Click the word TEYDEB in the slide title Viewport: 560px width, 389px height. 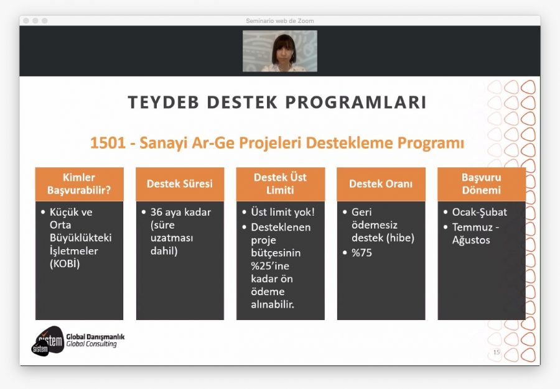coord(163,102)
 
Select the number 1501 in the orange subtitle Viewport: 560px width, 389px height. coord(108,143)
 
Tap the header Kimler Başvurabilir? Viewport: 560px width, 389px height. coord(79,183)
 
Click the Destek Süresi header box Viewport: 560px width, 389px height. coord(180,184)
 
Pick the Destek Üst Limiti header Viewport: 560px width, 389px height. coord(281,183)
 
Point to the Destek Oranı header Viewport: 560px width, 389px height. coord(381,184)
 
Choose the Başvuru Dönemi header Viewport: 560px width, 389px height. coord(482,183)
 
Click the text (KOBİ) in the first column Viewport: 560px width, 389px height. coord(65,263)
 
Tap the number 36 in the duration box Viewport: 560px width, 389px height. coord(156,212)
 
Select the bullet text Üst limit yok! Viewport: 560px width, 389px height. coord(283,212)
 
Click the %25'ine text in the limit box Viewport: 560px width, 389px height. coord(270,265)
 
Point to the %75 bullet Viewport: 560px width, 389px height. coord(362,253)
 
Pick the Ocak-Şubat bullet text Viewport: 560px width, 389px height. coord(480,212)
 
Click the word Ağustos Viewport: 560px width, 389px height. coord(471,240)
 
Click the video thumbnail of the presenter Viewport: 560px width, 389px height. coord(280,51)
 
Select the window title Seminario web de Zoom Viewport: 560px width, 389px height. coord(280,21)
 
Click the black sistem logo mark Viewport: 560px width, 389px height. coord(47,341)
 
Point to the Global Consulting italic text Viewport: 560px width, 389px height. coord(91,344)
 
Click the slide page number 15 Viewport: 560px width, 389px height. coord(497,352)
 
